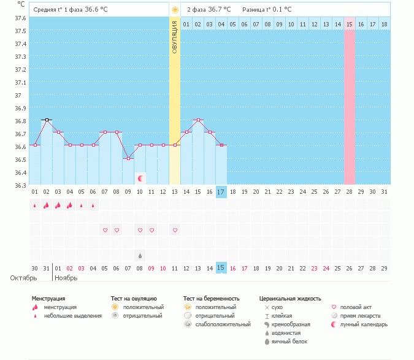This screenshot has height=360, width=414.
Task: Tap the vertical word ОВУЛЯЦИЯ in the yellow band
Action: pos(175,36)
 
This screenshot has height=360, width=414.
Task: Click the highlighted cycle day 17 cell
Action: pos(221,192)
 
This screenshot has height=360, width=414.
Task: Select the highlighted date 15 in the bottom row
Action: pos(221,268)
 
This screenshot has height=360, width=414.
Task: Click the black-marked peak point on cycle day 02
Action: pos(47,120)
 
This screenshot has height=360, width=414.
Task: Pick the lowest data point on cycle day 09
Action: pos(128,158)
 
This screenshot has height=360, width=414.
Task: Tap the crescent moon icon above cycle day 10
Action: pos(140,178)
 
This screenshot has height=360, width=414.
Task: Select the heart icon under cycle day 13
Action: pos(175,230)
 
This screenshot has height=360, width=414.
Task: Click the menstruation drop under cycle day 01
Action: pos(35,205)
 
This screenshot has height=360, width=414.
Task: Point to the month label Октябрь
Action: pos(23,278)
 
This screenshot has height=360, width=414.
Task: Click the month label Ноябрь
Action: pos(66,278)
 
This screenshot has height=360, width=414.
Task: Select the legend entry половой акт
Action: pos(355,307)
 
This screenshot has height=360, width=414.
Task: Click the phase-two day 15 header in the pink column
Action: pos(350,24)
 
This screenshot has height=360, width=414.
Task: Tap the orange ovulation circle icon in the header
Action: pos(175,10)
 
